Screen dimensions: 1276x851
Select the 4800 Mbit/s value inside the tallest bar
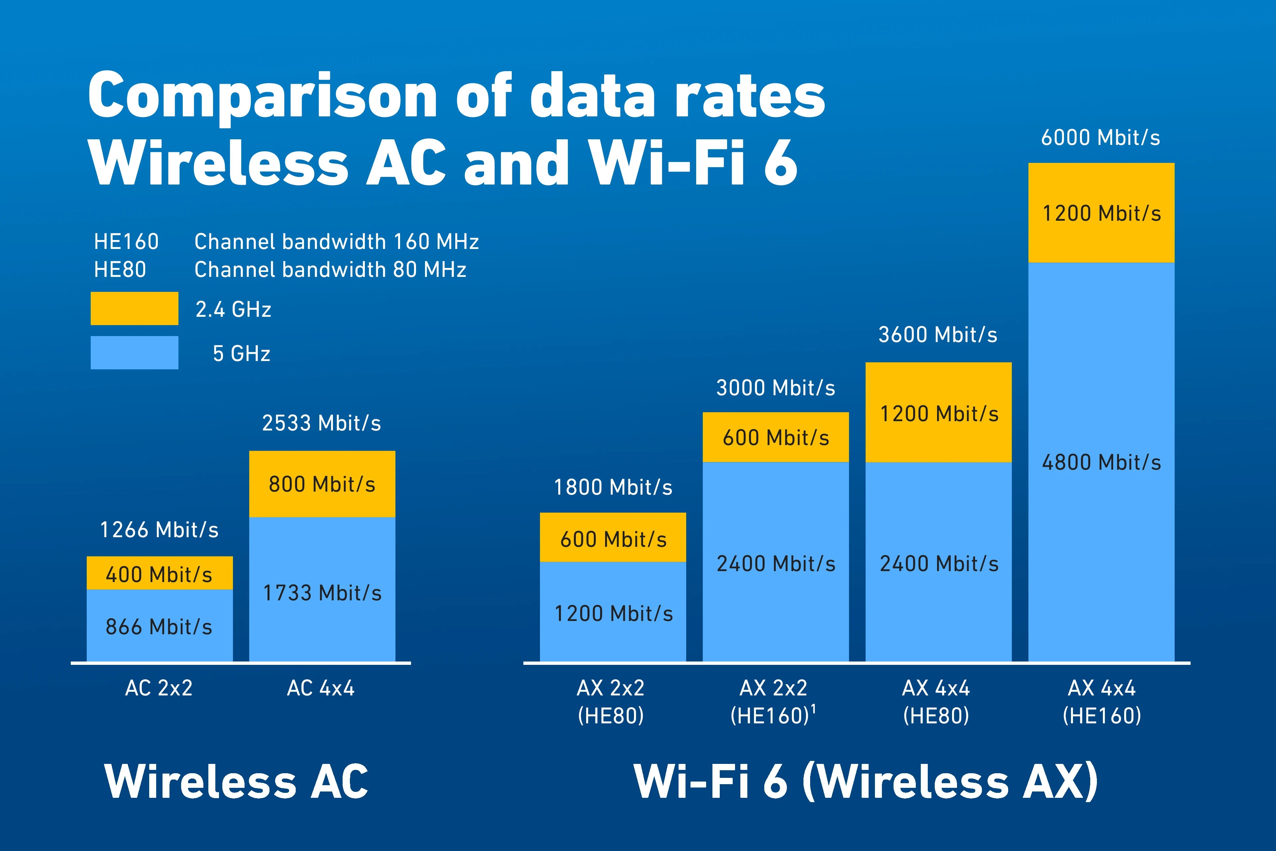point(1101,462)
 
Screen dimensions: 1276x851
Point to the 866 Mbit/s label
point(159,627)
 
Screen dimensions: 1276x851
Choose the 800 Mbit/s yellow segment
point(322,484)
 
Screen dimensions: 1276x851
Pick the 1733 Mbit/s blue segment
point(322,589)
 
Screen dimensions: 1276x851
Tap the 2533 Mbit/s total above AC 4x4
point(322,423)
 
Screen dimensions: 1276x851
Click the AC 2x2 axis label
point(159,688)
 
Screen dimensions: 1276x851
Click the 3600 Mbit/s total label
point(938,335)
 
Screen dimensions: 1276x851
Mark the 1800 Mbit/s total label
point(613,487)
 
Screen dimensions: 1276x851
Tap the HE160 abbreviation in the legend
point(126,242)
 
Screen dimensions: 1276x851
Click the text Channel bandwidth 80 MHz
point(330,270)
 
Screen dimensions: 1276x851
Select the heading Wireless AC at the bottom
point(237,782)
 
